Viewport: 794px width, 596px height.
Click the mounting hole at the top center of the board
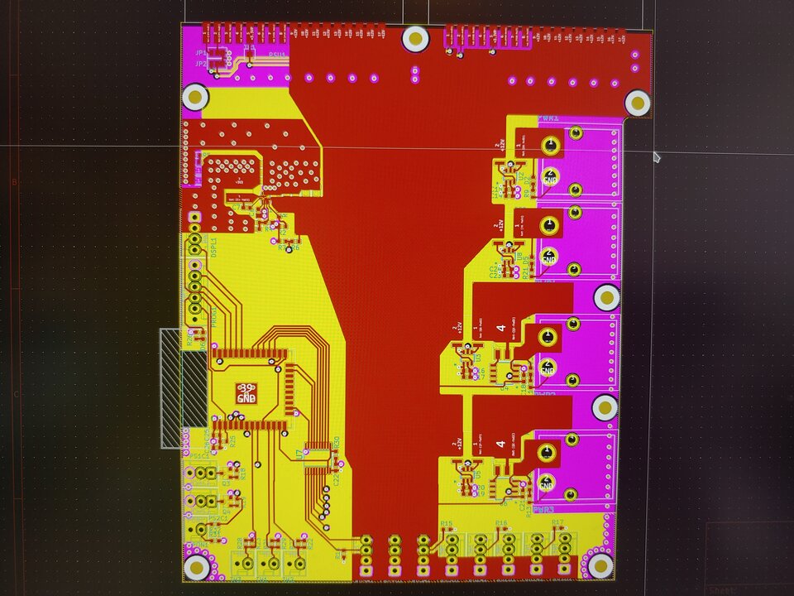pos(415,39)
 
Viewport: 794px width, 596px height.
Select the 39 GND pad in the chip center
pos(246,393)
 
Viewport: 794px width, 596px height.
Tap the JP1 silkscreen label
pos(201,53)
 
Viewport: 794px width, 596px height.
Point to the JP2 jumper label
pos(201,64)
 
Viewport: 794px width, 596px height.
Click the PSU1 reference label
pos(277,55)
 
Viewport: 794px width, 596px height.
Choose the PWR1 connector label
pos(548,119)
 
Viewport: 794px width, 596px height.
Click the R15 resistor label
pos(447,524)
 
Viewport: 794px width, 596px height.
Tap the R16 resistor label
pos(502,523)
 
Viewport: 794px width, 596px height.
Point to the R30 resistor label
pos(337,445)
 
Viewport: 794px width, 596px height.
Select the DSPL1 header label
pos(213,248)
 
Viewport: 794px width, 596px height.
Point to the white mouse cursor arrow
pos(657,156)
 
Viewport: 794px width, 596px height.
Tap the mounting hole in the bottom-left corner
pos(197,566)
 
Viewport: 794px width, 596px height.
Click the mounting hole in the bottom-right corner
pos(599,565)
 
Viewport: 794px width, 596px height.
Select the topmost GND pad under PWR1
pos(549,176)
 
